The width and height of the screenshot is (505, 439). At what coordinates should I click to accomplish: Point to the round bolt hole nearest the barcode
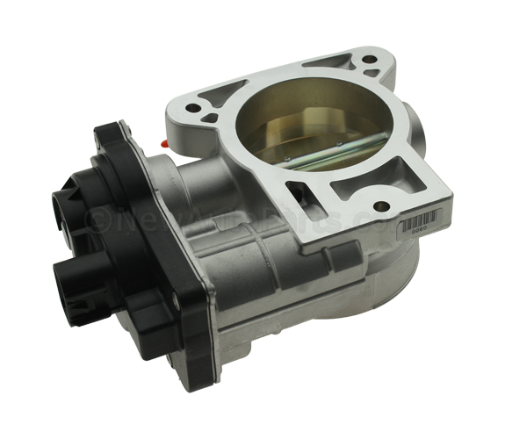pos(379,208)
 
